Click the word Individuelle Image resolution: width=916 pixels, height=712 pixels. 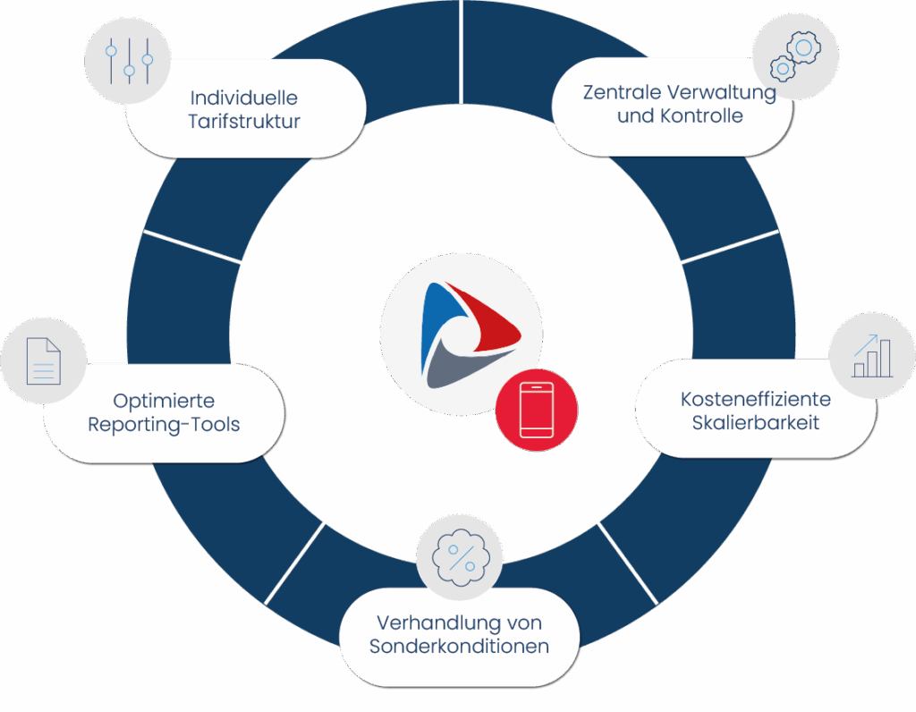[243, 97]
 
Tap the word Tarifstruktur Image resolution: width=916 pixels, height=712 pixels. [243, 122]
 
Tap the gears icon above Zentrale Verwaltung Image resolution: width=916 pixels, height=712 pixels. [794, 55]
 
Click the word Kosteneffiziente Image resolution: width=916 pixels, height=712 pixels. [755, 399]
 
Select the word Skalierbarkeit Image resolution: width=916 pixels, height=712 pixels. [755, 422]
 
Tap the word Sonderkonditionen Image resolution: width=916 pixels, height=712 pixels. [459, 646]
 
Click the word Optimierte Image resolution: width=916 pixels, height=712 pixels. [164, 401]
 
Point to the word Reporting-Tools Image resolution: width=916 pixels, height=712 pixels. [164, 424]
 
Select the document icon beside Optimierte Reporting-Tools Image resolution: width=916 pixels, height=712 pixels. [43, 360]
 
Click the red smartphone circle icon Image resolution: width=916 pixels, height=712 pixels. [536, 411]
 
